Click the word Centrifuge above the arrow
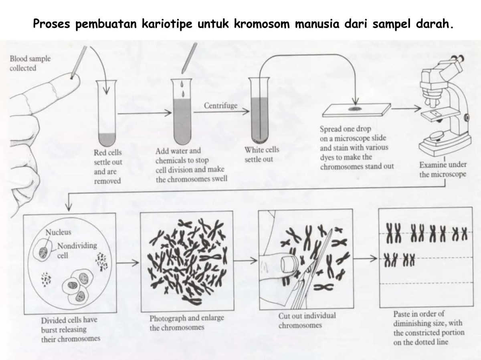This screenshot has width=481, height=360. pos(220,106)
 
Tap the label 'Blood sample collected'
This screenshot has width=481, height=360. pos(30,63)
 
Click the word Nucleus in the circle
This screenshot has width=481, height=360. pos(58,232)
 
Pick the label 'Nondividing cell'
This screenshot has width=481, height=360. pos(76,249)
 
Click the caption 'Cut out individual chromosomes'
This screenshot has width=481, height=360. pos(307,320)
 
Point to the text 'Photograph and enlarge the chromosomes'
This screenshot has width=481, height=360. pos(186,323)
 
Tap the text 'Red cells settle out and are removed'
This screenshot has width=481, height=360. pos(108,166)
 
